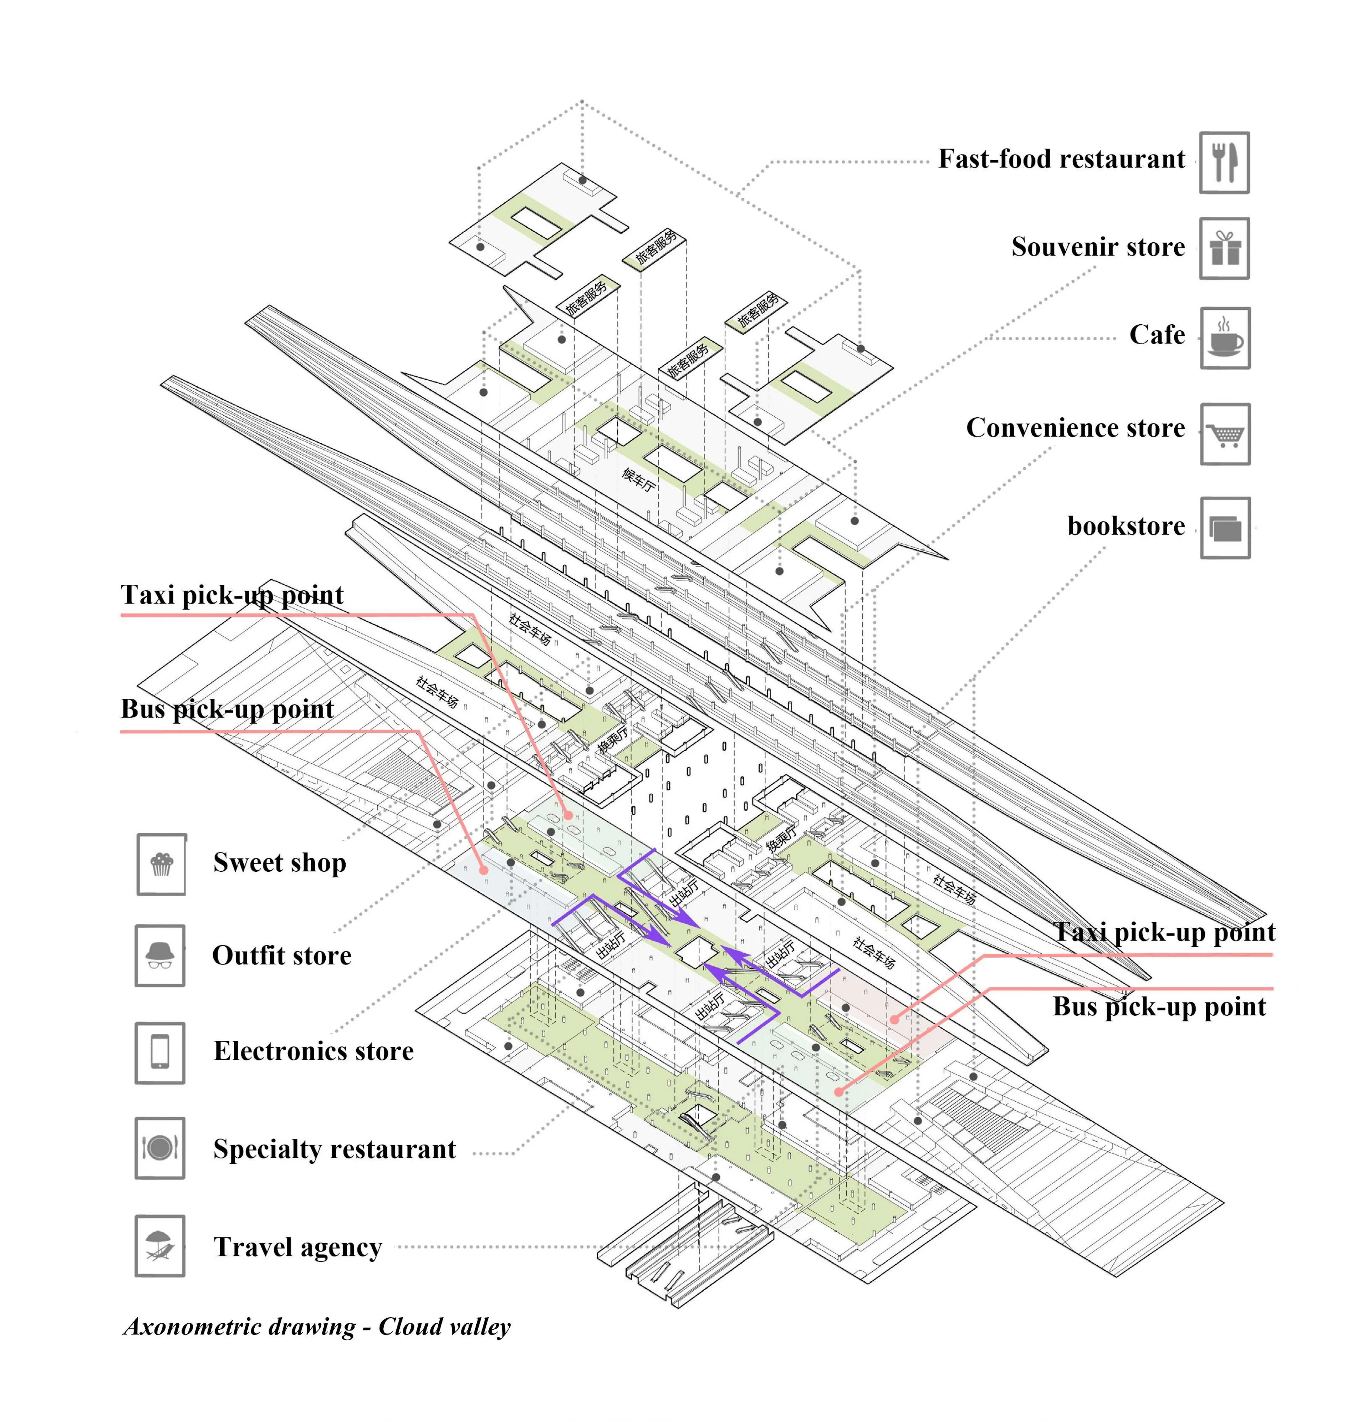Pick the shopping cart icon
pos(1225,434)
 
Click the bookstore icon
pos(1225,528)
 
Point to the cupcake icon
pos(161,864)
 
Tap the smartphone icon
pos(159,1052)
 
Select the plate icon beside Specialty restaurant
pos(159,1148)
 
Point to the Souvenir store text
pos(1098,247)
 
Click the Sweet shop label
pos(279,863)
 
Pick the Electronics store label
pos(313,1050)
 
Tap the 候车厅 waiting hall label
pos(638,479)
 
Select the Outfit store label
pos(282,956)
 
